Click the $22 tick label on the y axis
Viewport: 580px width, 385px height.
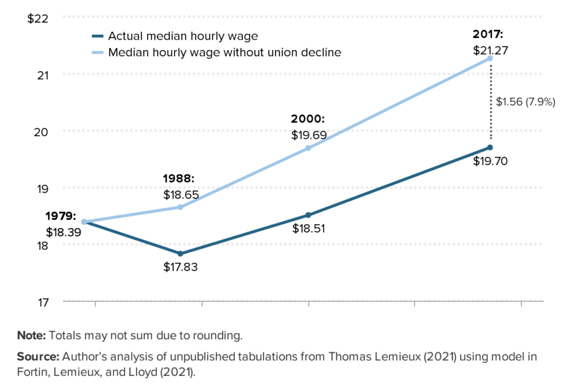pos(38,18)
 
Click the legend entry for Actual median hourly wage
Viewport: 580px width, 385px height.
pos(183,36)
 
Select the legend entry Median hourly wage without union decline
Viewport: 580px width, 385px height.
pos(224,53)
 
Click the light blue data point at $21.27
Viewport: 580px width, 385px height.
pos(490,58)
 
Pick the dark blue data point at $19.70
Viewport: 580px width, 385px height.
pos(490,147)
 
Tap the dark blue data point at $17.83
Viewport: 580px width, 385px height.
pos(180,254)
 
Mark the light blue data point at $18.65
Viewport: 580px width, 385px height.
pos(180,207)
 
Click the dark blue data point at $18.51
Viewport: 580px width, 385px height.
pos(308,215)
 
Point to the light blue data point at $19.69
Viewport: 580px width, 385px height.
pos(308,148)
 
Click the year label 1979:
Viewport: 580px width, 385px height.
pos(61,216)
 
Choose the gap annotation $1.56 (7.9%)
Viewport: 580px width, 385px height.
pos(525,102)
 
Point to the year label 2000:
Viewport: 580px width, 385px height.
pos(308,119)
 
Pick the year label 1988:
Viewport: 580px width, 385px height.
pos(178,179)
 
